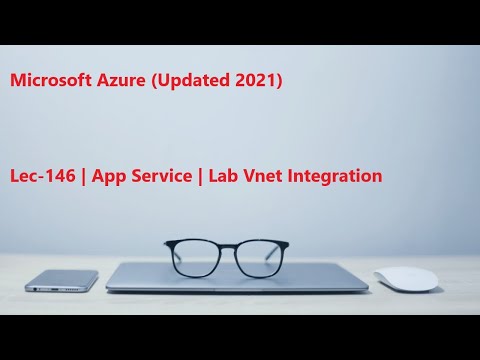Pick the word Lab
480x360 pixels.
(223, 176)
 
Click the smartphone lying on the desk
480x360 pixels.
(62, 280)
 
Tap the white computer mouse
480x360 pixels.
(406, 279)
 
